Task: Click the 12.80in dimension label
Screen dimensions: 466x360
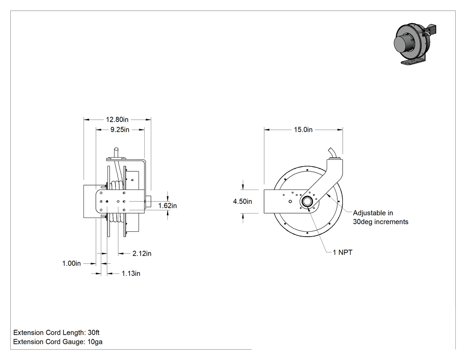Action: coord(117,119)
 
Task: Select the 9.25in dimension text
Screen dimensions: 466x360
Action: coord(120,130)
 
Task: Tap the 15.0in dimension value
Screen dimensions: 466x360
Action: coord(303,130)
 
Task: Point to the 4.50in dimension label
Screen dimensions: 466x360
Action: coord(242,202)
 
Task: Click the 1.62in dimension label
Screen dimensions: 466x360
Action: coord(167,206)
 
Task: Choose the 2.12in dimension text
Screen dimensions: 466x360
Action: coord(142,253)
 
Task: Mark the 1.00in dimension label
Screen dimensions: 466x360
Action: coord(71,263)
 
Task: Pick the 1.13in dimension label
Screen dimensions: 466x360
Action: coord(131,273)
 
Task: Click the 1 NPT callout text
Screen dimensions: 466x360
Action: coord(342,253)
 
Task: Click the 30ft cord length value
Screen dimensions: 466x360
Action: coord(94,332)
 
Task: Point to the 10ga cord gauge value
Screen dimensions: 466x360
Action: coord(95,342)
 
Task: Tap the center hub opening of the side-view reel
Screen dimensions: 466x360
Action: coord(306,202)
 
